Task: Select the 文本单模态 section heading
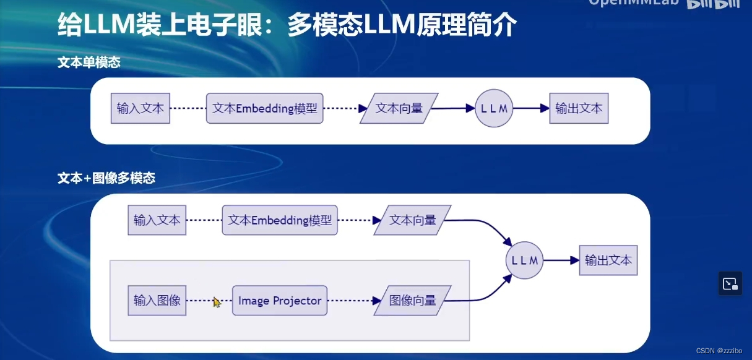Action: click(89, 62)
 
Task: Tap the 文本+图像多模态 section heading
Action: click(106, 178)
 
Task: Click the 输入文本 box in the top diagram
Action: click(140, 108)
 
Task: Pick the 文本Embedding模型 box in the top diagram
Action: click(264, 108)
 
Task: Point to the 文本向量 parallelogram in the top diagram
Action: click(399, 108)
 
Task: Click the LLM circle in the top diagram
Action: click(494, 108)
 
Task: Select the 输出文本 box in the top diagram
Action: click(579, 108)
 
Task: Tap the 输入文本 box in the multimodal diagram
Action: click(157, 220)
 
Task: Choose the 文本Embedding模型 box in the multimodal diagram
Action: click(280, 220)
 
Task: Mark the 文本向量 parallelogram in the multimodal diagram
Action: click(413, 220)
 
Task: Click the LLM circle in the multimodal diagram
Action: click(524, 260)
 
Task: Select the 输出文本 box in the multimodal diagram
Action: click(608, 260)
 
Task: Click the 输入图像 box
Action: click(157, 301)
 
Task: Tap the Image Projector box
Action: click(280, 301)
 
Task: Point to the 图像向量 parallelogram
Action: click(413, 301)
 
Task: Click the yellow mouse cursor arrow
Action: click(217, 302)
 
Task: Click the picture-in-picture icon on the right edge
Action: click(730, 284)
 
